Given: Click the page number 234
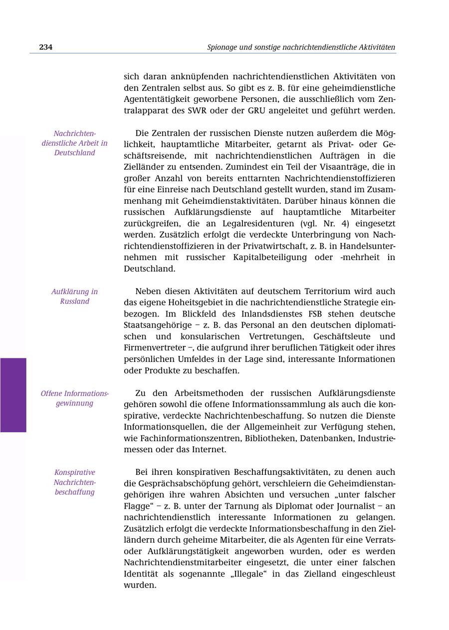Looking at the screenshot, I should click(46, 47).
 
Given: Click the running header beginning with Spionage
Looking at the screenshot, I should click(301, 47).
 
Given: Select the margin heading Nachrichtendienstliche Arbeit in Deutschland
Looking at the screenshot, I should click(74, 143).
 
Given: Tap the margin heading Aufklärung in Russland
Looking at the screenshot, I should click(74, 296).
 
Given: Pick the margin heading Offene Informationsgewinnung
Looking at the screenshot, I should click(74, 398).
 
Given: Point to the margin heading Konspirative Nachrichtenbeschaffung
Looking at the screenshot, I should click(74, 482).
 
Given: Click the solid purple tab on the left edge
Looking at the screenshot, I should click(13, 394).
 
